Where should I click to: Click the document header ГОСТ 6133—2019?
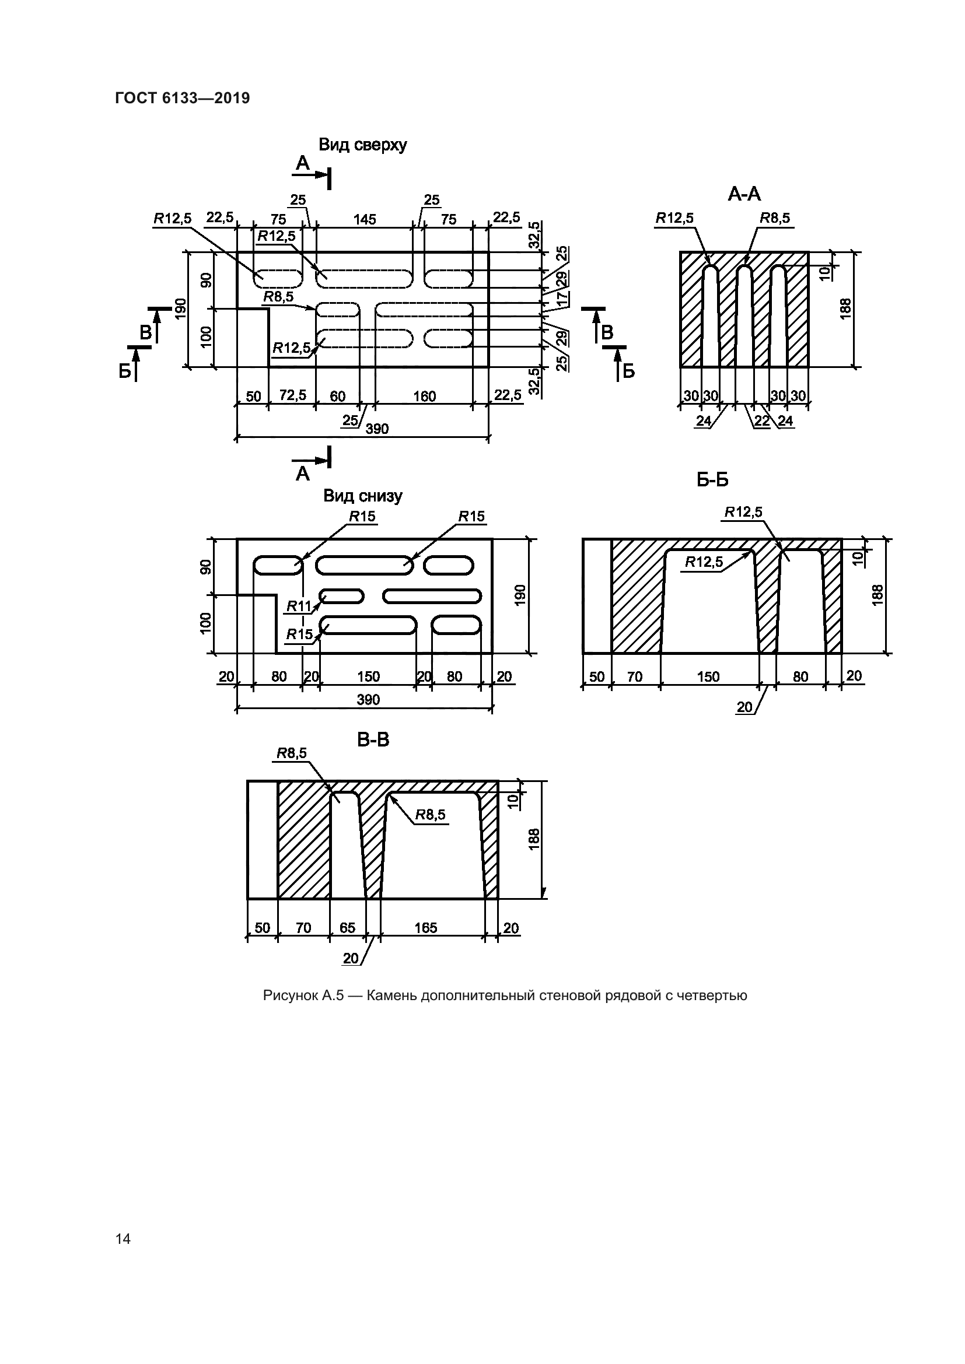point(183,98)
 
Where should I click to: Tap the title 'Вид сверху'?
point(362,145)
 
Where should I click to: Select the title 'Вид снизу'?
point(362,496)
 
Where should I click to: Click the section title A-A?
point(744,194)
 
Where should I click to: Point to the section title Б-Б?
point(712,479)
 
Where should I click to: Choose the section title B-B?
point(373,739)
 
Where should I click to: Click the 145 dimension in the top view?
point(364,220)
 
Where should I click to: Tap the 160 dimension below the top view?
point(424,396)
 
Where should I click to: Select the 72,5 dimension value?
point(292,395)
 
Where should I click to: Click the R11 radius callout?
point(299,606)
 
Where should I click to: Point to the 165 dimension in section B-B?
point(425,928)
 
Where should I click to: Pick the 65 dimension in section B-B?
point(347,928)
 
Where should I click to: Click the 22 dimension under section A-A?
point(762,421)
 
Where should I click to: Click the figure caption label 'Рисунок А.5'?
point(303,996)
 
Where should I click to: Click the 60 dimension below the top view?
point(337,396)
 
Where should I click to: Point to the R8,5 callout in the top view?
point(278,296)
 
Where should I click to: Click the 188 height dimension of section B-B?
point(534,837)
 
